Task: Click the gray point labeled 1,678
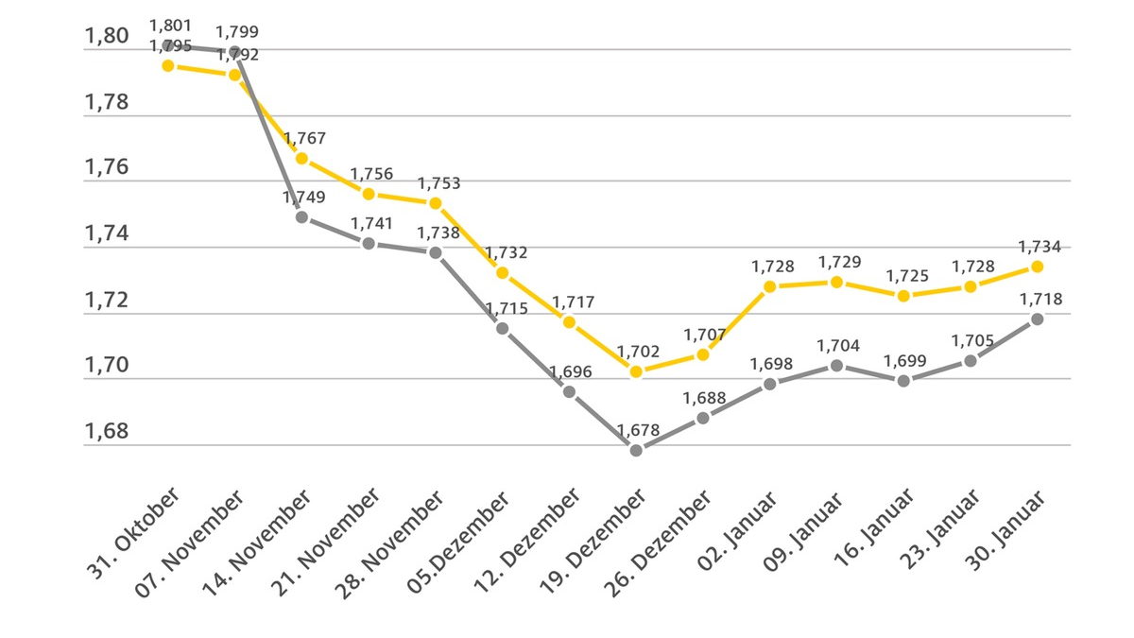[636, 450]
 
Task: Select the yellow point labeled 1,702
[636, 371]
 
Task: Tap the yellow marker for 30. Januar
[1037, 267]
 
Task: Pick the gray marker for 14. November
[301, 216]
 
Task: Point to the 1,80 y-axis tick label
[106, 37]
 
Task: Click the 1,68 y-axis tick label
[106, 432]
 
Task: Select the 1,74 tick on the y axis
[106, 234]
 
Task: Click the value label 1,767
[304, 139]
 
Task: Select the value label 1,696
[570, 371]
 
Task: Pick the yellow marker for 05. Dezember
[502, 272]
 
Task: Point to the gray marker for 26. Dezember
[703, 417]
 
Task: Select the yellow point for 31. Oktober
[167, 65]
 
